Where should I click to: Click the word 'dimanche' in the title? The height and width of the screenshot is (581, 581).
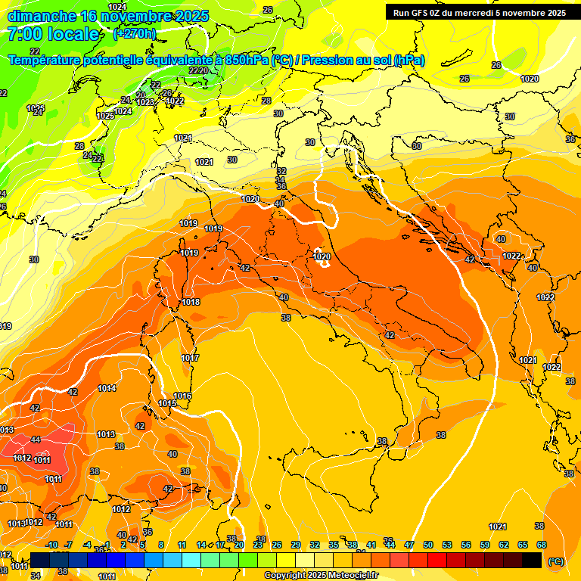point(41,16)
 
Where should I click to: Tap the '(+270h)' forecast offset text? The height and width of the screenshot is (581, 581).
point(135,34)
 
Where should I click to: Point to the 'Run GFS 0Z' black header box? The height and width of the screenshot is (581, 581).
point(479,12)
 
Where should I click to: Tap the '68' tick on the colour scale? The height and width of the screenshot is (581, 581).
point(542,545)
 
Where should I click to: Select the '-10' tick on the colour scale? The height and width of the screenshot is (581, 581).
point(51,545)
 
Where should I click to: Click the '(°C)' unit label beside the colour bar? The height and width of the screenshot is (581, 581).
point(555,561)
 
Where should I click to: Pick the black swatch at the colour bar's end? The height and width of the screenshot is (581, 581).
point(532,560)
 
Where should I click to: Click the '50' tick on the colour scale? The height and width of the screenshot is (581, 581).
point(428,545)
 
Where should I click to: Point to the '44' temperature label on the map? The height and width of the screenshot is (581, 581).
point(36,440)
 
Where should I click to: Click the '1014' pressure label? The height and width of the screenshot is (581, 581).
point(107,388)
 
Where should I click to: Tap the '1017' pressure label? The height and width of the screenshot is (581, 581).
point(190,358)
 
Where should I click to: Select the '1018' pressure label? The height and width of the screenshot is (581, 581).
point(191,302)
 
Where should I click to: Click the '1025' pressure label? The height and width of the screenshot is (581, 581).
point(105,116)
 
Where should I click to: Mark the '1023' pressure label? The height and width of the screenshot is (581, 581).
point(145,102)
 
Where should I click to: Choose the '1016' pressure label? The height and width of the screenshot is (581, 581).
point(182,396)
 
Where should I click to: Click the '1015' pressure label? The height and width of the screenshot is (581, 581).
point(167,403)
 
